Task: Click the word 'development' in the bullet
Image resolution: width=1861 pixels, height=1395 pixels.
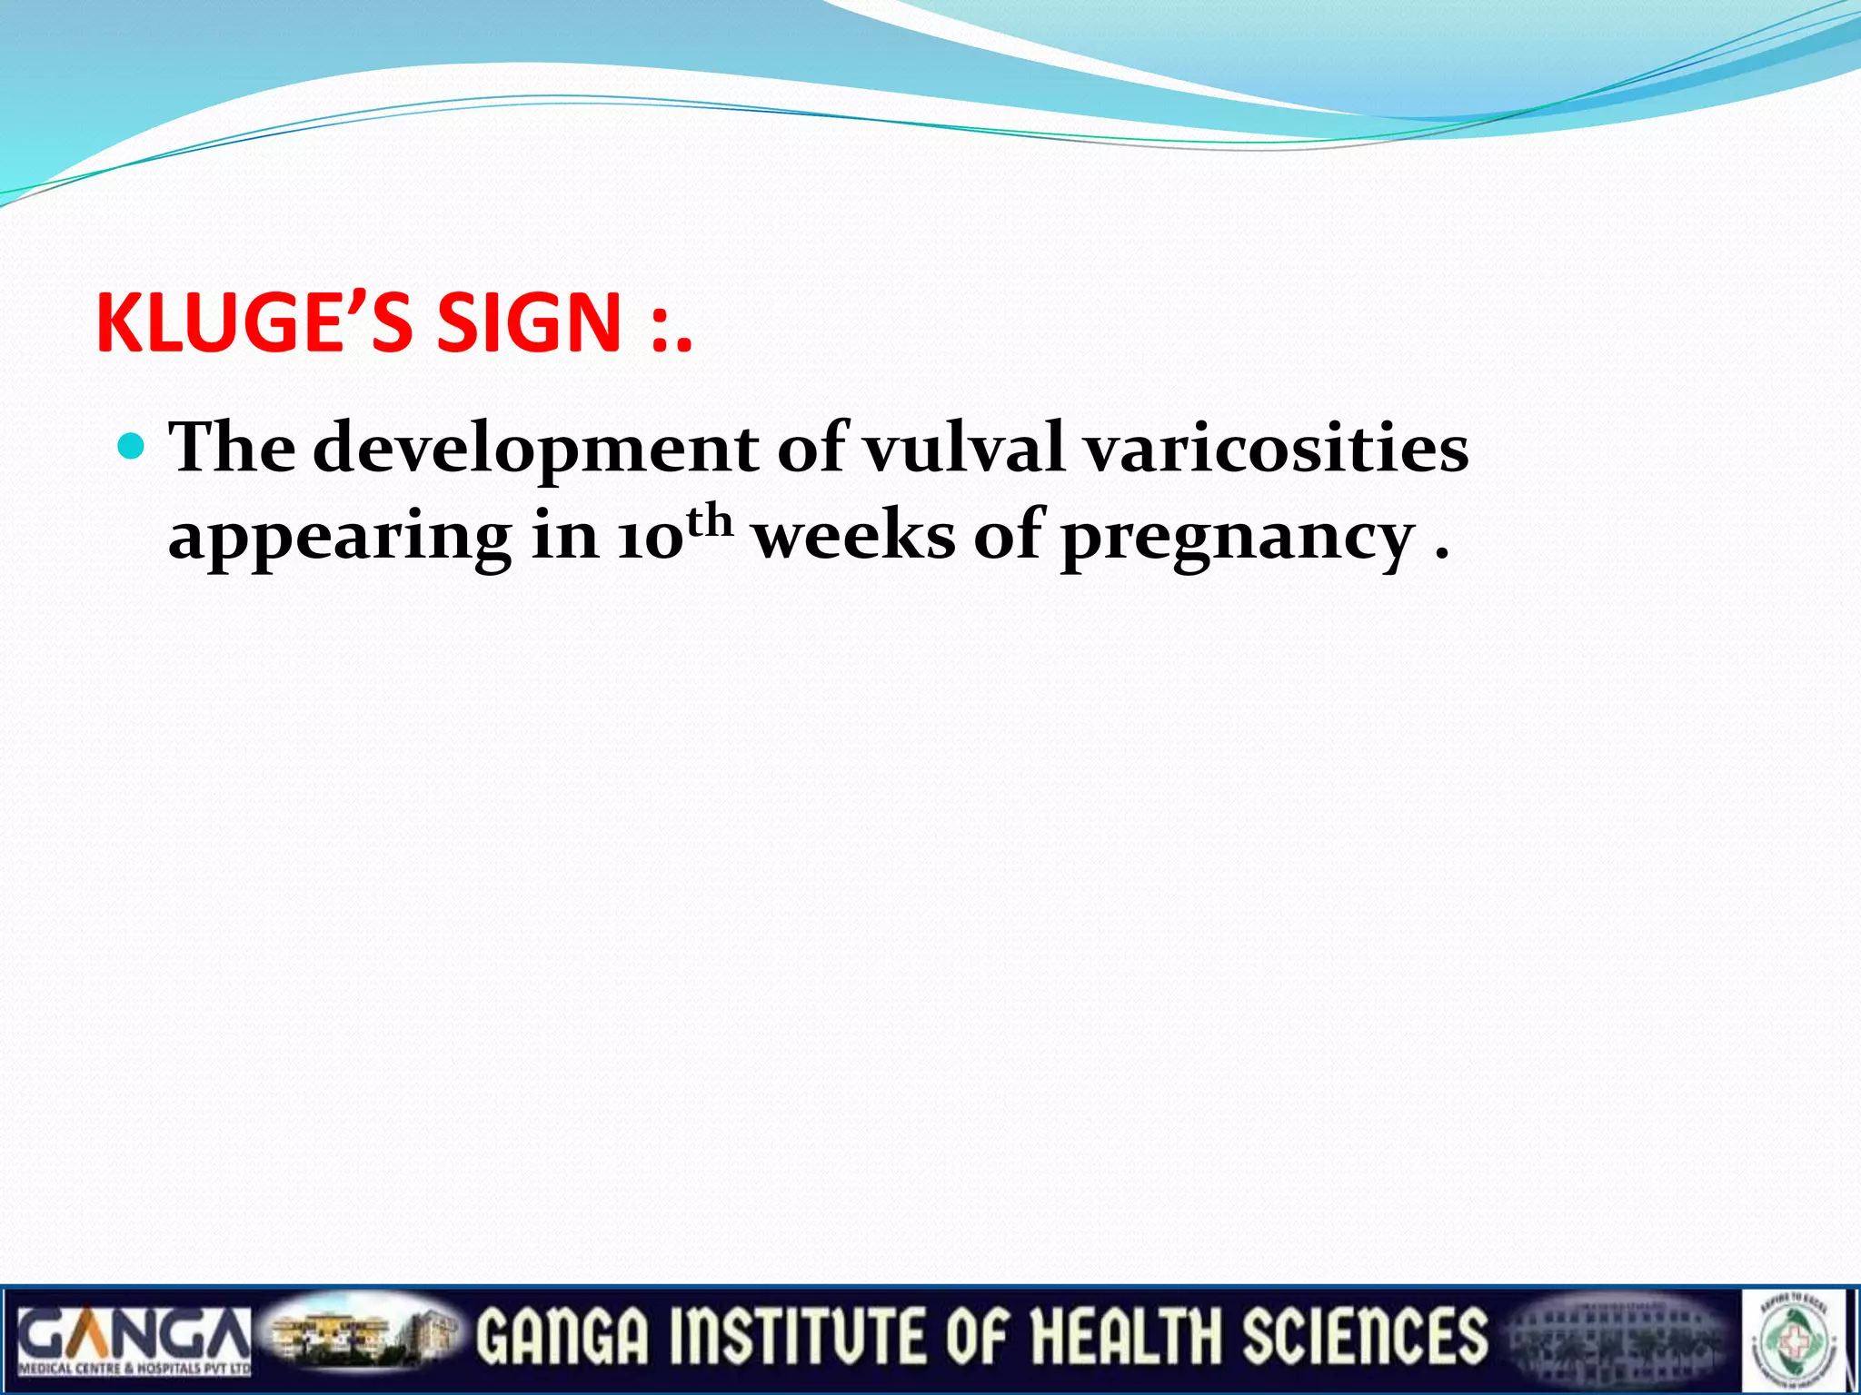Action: point(535,449)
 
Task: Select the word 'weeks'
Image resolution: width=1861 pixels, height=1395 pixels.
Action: point(855,536)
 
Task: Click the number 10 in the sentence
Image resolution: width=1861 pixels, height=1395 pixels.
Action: point(649,538)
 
